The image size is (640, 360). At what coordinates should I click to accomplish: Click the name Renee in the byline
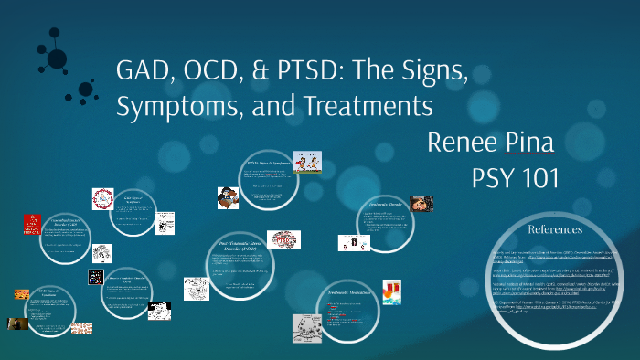466,143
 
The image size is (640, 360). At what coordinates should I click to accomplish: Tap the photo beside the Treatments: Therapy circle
421,204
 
